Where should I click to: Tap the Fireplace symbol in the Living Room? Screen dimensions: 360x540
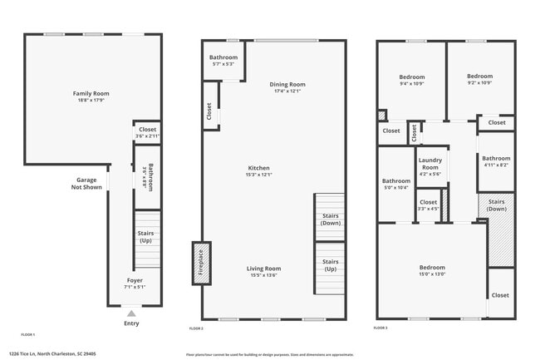click(x=201, y=264)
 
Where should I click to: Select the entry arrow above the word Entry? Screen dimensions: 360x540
click(x=130, y=313)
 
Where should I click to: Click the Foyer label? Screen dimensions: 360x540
click(x=134, y=281)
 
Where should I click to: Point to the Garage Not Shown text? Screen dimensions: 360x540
click(x=89, y=184)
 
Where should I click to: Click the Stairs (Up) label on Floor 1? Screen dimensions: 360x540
click(x=146, y=237)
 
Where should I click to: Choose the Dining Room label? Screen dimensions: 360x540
click(x=287, y=84)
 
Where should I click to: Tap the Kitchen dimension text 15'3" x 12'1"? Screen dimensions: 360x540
click(x=257, y=175)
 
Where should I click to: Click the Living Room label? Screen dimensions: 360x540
click(x=263, y=269)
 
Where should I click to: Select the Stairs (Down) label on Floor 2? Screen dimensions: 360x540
click(x=330, y=219)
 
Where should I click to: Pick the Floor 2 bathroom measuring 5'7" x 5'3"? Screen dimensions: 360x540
click(x=223, y=60)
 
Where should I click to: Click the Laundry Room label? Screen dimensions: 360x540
click(x=430, y=164)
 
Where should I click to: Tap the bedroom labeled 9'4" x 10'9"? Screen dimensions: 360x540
click(x=411, y=80)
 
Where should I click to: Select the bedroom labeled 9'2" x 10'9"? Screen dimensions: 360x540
click(x=479, y=80)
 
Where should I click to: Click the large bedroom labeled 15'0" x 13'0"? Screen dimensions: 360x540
click(x=432, y=270)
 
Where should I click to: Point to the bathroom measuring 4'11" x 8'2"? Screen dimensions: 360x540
click(x=496, y=161)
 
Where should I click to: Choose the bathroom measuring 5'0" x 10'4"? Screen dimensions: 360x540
click(x=395, y=184)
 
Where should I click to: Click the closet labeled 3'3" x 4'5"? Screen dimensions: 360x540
click(x=428, y=205)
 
